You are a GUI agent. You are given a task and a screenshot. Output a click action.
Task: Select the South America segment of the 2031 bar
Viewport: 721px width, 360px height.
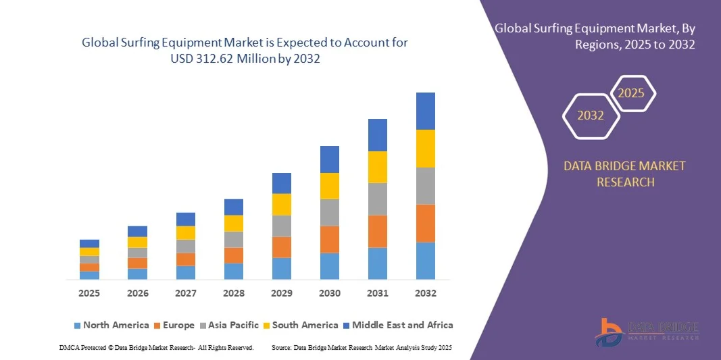point(377,167)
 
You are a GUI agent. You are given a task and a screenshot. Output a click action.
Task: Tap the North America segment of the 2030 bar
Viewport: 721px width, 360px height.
point(329,266)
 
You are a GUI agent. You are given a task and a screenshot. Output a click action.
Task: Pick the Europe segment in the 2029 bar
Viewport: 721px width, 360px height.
point(281,247)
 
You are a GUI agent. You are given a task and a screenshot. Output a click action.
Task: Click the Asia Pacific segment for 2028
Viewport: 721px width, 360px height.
point(233,240)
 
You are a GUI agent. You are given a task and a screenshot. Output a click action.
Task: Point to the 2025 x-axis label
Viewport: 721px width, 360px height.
point(89,294)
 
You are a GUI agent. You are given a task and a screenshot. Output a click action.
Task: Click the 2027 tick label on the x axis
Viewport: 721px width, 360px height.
point(185,294)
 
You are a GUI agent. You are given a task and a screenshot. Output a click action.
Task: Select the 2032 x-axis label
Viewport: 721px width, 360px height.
point(425,294)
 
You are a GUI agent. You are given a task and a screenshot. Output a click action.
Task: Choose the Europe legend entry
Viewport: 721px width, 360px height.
point(173,326)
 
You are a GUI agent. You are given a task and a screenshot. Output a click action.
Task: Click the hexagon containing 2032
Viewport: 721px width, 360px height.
point(591,115)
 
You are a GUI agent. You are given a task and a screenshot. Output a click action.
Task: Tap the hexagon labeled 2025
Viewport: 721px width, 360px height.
point(632,93)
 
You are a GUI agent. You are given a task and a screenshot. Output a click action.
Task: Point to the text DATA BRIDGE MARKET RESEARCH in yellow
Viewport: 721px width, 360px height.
point(624,174)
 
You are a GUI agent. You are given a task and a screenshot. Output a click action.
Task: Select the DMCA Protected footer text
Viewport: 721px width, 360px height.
point(156,347)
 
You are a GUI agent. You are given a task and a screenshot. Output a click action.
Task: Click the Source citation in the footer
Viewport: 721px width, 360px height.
point(361,347)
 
